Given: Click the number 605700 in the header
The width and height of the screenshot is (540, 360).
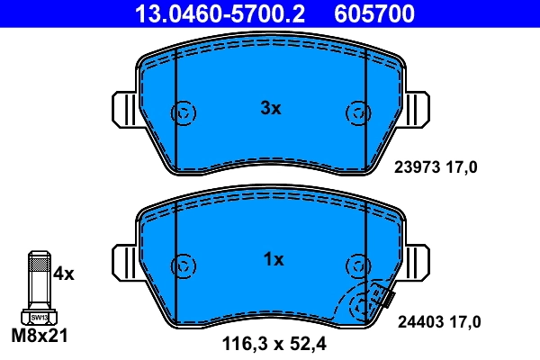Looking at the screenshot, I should (x=374, y=13).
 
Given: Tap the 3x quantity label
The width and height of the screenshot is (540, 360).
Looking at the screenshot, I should (x=271, y=108).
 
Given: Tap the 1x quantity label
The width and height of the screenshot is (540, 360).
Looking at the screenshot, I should (x=273, y=260).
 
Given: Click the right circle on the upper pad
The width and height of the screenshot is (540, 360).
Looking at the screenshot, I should (x=357, y=113).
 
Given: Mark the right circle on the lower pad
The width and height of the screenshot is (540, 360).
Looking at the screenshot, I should (x=357, y=265).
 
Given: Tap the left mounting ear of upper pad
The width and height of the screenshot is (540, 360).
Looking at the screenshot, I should (x=123, y=109).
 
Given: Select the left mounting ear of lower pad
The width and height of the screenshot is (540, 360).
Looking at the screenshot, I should (x=123, y=262).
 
